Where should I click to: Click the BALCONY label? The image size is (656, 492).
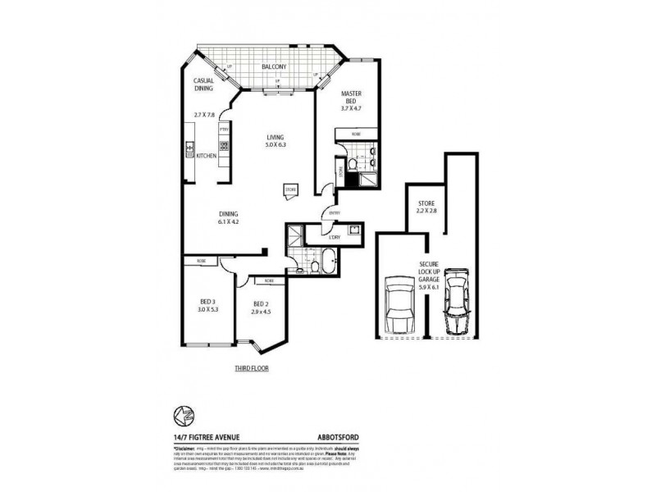coord(273,67)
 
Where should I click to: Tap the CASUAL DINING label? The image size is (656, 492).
coord(203,84)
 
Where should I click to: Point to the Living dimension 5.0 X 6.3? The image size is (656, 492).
coord(276,144)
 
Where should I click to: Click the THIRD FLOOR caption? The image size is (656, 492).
coord(251,369)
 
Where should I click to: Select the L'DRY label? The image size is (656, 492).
coord(334,238)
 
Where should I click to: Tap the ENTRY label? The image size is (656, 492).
coord(334,213)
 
